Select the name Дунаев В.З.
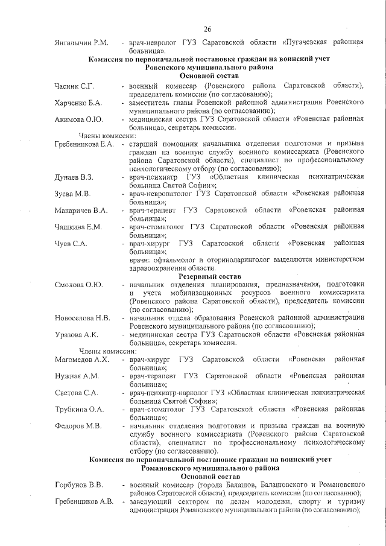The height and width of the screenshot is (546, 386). pos(74,177)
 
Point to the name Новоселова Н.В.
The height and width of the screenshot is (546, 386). pos(82,317)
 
